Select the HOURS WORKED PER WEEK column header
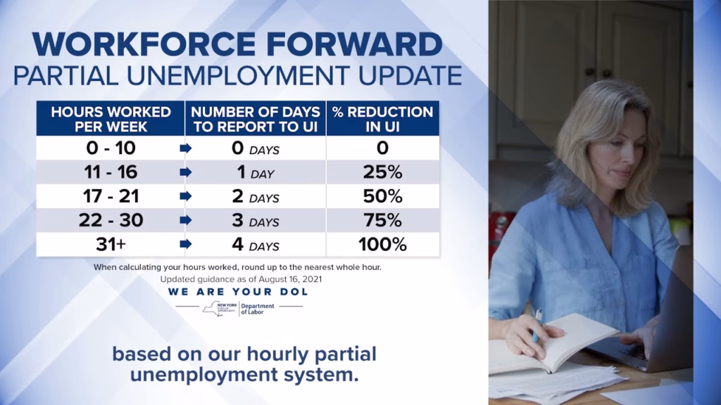(111, 119)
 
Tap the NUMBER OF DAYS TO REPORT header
(256, 119)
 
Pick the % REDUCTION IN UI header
(382, 119)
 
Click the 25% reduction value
(382, 172)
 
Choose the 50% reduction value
(382, 196)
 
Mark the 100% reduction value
(382, 244)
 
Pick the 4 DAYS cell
(256, 245)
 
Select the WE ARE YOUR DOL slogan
(238, 291)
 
